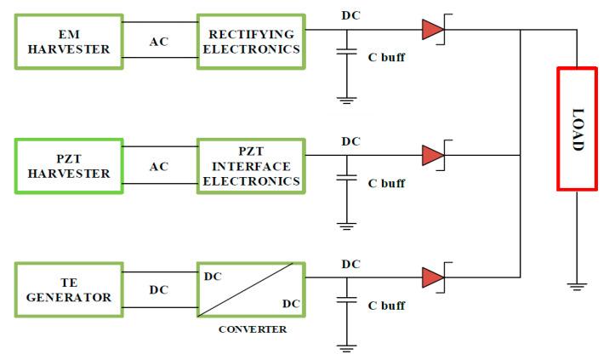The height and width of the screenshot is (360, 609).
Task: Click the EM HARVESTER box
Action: click(x=69, y=41)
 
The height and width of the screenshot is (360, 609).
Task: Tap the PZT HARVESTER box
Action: click(x=69, y=166)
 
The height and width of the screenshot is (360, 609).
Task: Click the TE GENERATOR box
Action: click(x=69, y=289)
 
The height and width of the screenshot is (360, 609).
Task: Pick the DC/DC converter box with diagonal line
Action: click(x=250, y=289)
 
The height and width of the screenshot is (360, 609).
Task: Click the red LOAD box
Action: click(x=577, y=128)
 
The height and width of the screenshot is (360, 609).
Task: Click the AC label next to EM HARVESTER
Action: click(x=159, y=41)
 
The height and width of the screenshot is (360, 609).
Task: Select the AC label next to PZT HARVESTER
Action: click(x=159, y=166)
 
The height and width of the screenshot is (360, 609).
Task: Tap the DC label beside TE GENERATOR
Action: click(x=159, y=289)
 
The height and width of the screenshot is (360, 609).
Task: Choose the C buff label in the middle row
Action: click(x=385, y=183)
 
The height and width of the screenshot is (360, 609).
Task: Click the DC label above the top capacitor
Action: click(x=350, y=15)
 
